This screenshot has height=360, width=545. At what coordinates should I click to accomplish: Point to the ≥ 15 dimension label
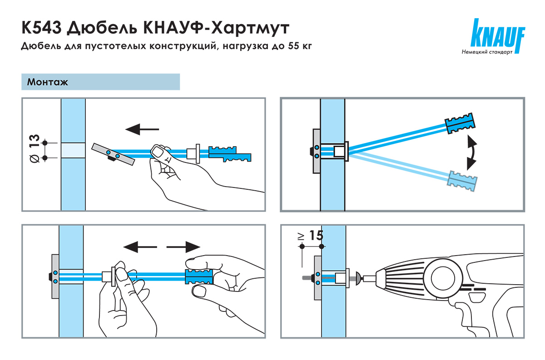[x=311, y=236]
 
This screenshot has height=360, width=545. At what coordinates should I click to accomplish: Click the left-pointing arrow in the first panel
[x=142, y=130]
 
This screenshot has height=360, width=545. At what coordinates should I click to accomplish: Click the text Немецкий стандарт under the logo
[x=487, y=53]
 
